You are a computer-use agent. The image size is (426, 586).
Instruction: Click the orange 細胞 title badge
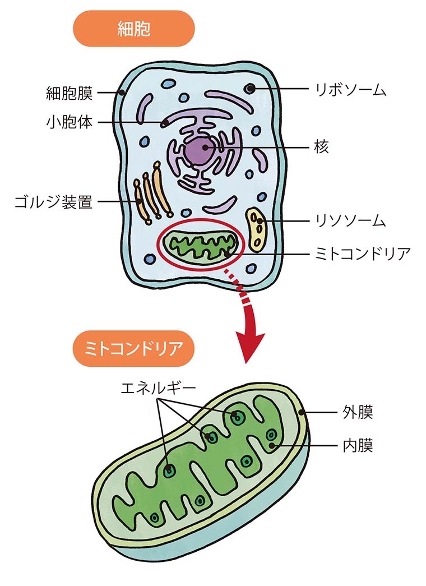point(133,29)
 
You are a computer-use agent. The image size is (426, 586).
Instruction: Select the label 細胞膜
point(69,93)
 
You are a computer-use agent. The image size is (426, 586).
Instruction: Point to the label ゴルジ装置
point(54,202)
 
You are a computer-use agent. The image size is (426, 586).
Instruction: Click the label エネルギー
point(158,387)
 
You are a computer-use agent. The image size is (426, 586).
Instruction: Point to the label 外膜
point(358,413)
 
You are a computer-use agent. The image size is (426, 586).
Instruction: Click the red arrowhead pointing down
point(250,342)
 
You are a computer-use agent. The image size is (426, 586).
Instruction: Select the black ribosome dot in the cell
point(250,88)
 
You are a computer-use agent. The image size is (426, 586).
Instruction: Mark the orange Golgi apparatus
point(149,196)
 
